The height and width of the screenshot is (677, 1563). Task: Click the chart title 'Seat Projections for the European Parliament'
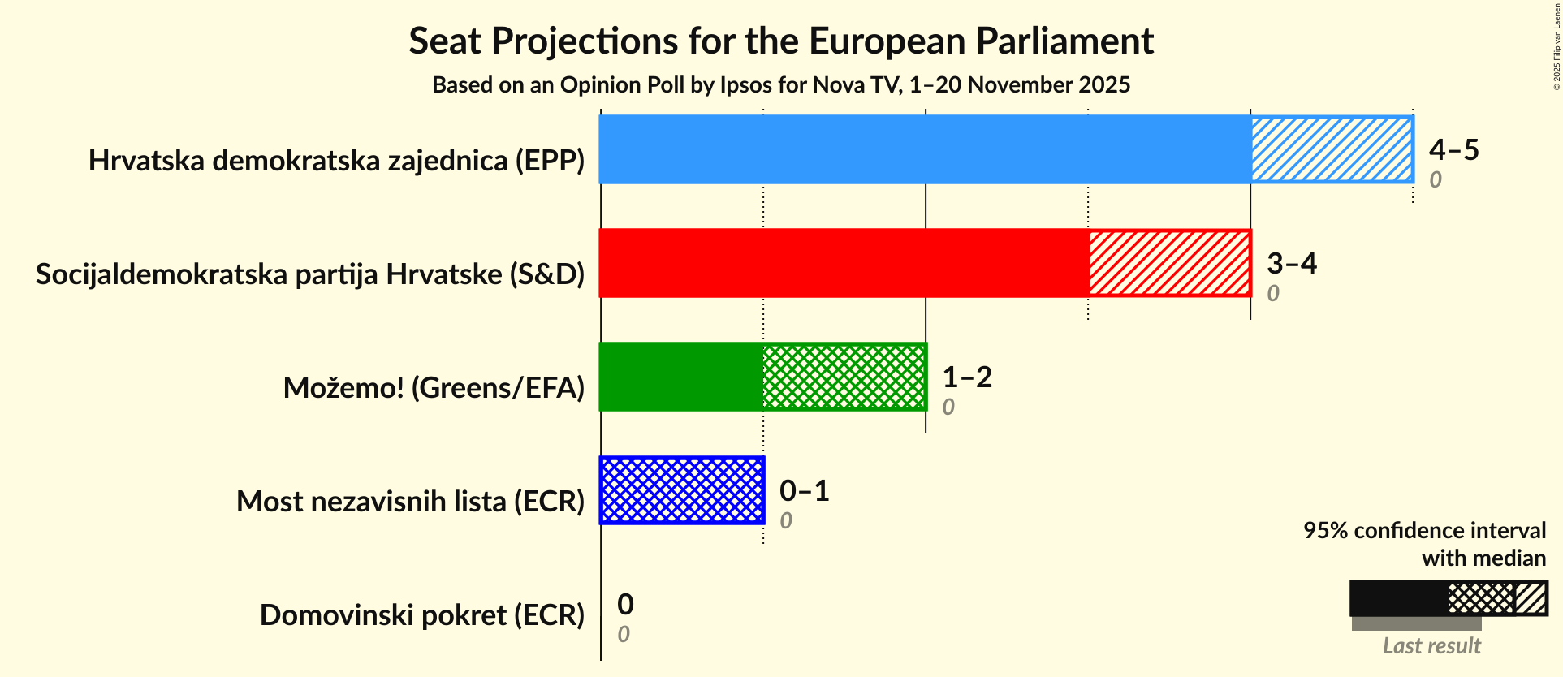click(781, 41)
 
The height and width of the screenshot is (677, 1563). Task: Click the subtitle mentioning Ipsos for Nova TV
click(781, 85)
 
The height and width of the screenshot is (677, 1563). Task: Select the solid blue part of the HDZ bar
click(924, 149)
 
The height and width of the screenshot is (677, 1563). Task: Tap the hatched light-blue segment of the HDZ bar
click(1332, 149)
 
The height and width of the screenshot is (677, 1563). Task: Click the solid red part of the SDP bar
click(843, 263)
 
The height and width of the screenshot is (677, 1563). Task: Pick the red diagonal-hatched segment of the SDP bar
click(1169, 263)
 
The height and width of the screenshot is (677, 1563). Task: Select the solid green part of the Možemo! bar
click(680, 377)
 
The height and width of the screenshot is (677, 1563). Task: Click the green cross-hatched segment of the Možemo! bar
click(844, 377)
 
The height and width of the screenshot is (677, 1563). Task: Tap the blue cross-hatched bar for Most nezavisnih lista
click(682, 490)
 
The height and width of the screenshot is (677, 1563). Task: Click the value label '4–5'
click(1453, 150)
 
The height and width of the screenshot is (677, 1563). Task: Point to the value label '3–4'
click(1291, 264)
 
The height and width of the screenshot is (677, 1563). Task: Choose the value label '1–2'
click(966, 377)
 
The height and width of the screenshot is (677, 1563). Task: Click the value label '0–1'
click(804, 491)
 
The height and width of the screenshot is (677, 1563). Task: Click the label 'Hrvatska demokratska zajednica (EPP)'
click(336, 161)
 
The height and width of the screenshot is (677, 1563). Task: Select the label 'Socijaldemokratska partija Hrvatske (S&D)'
click(310, 274)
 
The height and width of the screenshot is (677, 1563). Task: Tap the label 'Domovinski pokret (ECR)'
click(422, 615)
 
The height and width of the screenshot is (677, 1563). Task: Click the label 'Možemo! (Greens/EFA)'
click(434, 388)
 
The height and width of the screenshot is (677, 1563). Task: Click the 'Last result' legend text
click(1431, 646)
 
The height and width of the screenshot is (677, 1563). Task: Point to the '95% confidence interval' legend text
click(1424, 531)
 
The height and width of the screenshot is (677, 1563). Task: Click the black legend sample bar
click(1398, 599)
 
